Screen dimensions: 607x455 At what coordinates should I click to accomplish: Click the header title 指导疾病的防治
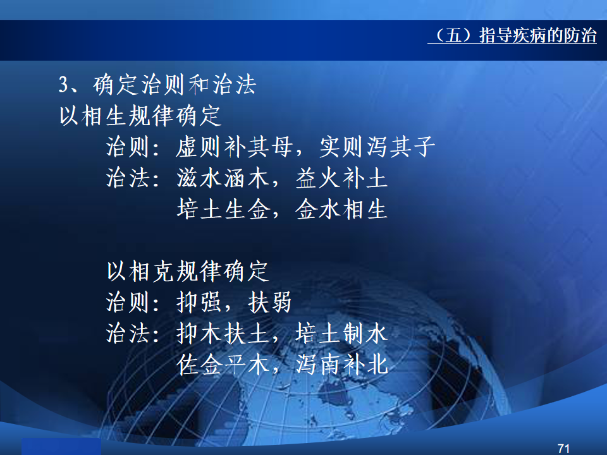(x=537, y=35)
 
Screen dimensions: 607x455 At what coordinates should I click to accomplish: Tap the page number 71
(x=563, y=449)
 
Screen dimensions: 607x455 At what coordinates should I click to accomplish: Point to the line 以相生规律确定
(x=140, y=116)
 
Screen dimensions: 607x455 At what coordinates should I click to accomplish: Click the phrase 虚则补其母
(x=234, y=147)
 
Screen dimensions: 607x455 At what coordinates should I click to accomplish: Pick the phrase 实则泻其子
(x=377, y=147)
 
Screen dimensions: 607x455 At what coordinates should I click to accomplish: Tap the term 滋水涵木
(x=223, y=178)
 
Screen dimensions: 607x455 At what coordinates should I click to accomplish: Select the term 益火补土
(x=342, y=178)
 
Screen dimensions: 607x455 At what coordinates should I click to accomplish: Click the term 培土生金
(x=223, y=209)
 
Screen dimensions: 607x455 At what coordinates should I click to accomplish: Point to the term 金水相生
(x=342, y=209)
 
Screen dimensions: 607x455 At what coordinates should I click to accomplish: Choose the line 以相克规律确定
(x=188, y=271)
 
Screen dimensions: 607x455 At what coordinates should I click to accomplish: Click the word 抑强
(x=199, y=302)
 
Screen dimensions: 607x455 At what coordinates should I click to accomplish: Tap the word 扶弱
(x=269, y=302)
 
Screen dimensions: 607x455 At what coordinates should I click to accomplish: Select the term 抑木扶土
(x=223, y=334)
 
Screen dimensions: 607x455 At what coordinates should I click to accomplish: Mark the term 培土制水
(x=342, y=334)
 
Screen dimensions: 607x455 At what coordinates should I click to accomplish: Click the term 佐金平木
(x=223, y=365)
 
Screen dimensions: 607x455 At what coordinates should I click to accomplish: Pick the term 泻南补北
(x=342, y=365)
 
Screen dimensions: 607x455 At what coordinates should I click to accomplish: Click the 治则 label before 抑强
(x=128, y=302)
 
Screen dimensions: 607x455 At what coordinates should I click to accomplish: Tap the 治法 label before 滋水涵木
(x=128, y=178)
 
